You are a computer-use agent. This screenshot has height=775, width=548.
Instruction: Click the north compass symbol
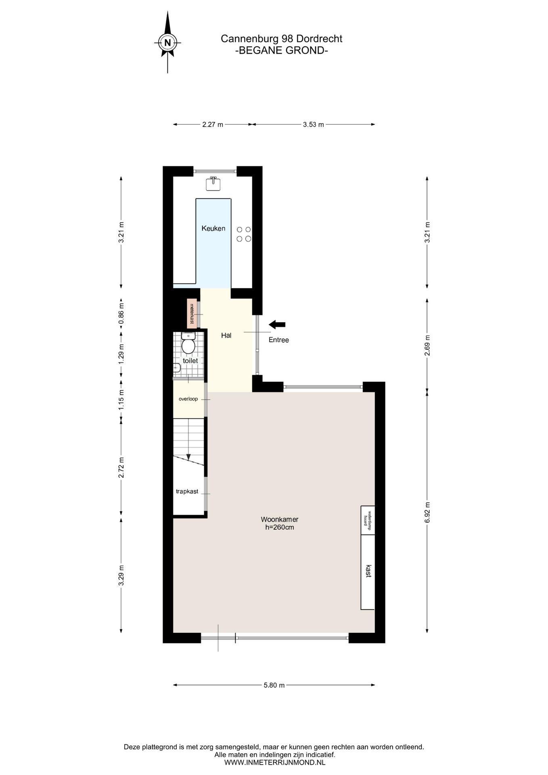[x=167, y=42]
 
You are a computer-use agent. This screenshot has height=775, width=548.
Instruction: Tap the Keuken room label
[x=213, y=228]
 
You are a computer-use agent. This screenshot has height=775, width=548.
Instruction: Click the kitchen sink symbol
[x=213, y=183]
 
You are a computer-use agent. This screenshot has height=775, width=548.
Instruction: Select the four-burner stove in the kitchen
[x=244, y=234]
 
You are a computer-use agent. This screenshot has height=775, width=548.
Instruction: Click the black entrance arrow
[x=277, y=324]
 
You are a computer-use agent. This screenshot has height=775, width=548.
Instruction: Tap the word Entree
[x=279, y=340]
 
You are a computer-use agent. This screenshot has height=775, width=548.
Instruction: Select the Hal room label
[x=226, y=335]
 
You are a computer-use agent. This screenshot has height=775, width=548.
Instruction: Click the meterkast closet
[x=192, y=313]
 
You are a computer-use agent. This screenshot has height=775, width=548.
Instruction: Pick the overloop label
[x=188, y=399]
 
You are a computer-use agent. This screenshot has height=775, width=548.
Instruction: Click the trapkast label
[x=187, y=491]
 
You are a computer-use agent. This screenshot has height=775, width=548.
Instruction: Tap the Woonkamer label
[x=280, y=519]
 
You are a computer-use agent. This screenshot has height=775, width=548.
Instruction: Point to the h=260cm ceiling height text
[x=280, y=527]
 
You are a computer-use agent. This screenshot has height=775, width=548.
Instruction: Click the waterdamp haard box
[x=368, y=520]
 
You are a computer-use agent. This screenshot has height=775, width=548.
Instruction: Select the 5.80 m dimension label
[x=274, y=685]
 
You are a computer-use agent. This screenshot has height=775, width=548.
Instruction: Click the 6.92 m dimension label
[x=427, y=513]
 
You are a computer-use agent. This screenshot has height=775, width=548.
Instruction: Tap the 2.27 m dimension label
[x=213, y=124]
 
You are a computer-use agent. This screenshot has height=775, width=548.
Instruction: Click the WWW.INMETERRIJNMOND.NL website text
[x=274, y=762]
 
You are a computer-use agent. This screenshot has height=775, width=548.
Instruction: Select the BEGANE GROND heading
[x=281, y=50]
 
